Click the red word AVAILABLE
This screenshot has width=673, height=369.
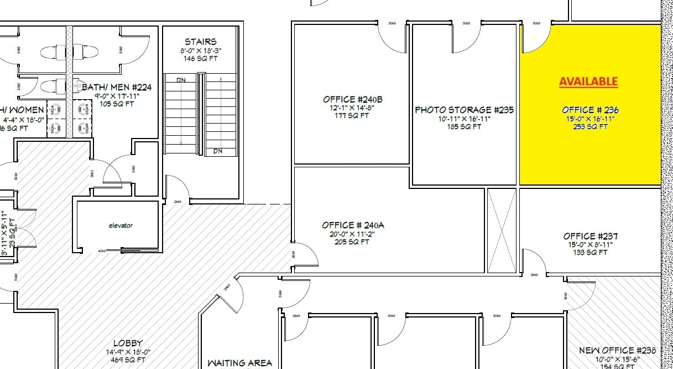[588, 81]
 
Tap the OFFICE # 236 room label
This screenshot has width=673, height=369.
[590, 110]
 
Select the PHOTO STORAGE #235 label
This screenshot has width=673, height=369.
[464, 110]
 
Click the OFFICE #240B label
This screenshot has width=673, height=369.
[353, 99]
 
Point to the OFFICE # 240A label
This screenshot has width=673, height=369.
[353, 225]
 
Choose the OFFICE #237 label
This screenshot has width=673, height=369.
[591, 236]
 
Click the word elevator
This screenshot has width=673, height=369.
[121, 225]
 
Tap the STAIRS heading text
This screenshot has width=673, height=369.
[200, 42]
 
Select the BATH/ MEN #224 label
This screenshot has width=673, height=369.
[117, 87]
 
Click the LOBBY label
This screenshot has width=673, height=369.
[128, 343]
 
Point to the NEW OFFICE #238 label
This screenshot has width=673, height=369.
[617, 350]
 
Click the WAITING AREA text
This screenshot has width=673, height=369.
[239, 363]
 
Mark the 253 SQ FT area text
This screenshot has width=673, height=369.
[590, 127]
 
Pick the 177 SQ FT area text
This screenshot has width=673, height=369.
[353, 116]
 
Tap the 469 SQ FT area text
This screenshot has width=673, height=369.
[128, 360]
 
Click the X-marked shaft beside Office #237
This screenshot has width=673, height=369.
[501, 230]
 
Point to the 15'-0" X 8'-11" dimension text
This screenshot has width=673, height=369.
[591, 244]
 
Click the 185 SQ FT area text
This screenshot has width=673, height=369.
[464, 127]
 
